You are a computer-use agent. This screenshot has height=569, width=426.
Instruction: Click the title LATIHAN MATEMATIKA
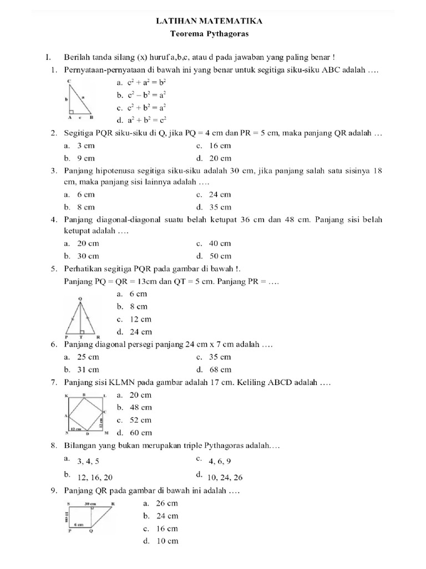pyautogui.click(x=212, y=21)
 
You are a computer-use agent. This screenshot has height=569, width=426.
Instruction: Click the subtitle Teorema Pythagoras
pyautogui.click(x=212, y=33)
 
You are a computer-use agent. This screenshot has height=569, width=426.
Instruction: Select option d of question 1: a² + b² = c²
pyautogui.click(x=141, y=119)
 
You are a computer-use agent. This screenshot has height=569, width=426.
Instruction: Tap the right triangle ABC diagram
pyautogui.click(x=80, y=101)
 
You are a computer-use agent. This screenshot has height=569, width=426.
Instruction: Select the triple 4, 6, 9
pyautogui.click(x=220, y=461)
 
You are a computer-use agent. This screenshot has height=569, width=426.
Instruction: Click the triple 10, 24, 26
pyautogui.click(x=225, y=477)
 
